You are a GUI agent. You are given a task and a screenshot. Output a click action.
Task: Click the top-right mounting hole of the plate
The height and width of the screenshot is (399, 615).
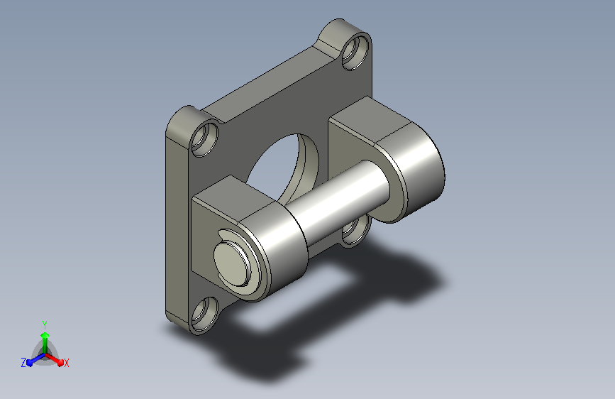[x=356, y=53]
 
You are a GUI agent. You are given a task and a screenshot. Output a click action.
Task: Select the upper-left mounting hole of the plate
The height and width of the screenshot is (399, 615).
[x=205, y=140]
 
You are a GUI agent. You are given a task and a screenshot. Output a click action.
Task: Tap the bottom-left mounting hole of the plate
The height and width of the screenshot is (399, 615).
[x=205, y=315]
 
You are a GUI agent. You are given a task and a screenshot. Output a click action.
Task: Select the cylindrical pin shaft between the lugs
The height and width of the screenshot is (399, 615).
[x=338, y=200]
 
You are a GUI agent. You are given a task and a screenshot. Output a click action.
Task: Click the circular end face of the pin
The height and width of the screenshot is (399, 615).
[x=233, y=263]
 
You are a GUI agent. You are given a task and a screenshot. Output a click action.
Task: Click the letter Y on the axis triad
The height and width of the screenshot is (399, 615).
[x=45, y=325]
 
